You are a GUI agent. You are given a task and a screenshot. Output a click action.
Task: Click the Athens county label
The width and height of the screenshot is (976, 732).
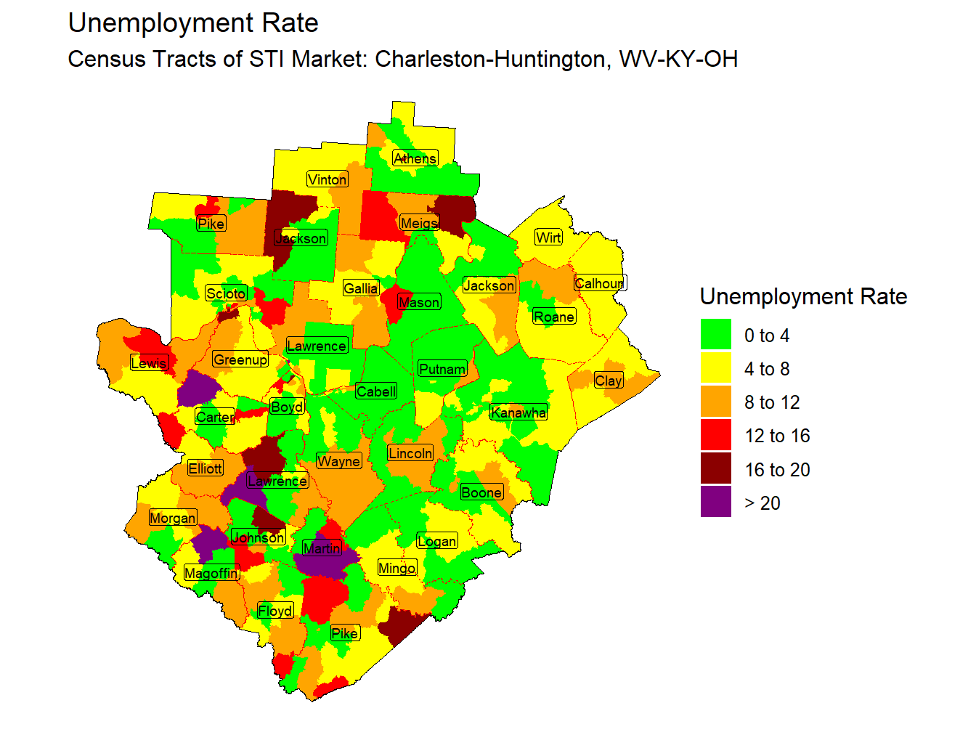[x=415, y=158]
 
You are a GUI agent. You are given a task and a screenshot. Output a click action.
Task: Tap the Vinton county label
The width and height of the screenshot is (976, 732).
[x=327, y=179]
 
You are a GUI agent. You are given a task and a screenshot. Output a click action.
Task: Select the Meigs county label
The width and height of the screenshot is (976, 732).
[x=419, y=223]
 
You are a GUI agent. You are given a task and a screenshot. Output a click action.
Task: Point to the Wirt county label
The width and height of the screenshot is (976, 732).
[x=548, y=237]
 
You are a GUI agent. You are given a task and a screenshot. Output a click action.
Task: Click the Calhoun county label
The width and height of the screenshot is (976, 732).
[x=599, y=283]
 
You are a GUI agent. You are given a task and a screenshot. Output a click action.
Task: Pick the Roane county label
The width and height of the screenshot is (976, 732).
[x=554, y=317]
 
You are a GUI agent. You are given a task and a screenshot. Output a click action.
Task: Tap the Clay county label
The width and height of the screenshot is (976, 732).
[x=609, y=381]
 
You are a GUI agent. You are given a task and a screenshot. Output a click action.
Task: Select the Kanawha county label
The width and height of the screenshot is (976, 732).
[x=518, y=412]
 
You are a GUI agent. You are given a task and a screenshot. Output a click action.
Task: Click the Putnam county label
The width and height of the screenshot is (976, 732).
[x=442, y=369]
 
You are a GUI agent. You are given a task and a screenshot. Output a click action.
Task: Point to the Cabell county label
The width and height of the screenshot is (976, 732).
[x=376, y=391]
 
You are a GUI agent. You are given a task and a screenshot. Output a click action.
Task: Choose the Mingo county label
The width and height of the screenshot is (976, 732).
[x=397, y=568]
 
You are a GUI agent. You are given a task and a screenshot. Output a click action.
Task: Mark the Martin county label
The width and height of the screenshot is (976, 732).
[x=322, y=548]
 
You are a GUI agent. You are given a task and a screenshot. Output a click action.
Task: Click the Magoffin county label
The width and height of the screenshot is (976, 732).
[x=211, y=573]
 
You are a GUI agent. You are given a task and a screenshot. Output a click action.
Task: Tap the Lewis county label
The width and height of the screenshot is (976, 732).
[x=149, y=363]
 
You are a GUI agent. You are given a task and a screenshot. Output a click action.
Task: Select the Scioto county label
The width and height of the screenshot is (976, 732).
[x=226, y=293]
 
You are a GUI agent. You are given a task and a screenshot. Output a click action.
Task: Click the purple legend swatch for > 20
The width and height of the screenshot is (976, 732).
[x=715, y=503]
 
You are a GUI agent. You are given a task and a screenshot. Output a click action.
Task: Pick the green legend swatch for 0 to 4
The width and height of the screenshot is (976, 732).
[x=715, y=335]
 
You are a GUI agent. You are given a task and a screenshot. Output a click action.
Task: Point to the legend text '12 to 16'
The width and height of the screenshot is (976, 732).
[x=777, y=436]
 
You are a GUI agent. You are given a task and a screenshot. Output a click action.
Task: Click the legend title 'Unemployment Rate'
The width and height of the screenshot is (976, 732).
[x=803, y=296]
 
